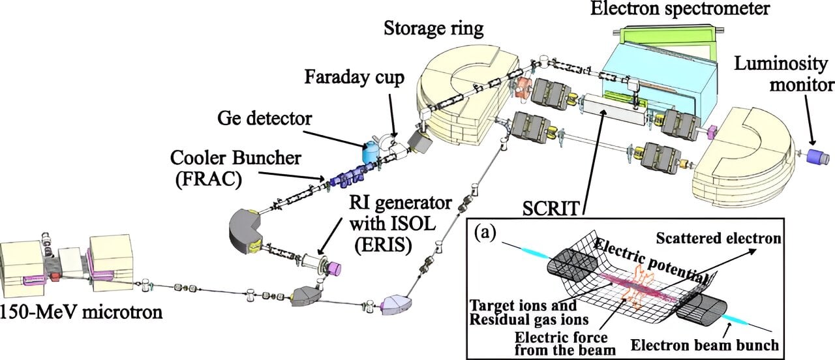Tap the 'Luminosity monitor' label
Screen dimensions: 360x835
click(783, 75)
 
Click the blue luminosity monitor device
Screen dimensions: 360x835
click(816, 157)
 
